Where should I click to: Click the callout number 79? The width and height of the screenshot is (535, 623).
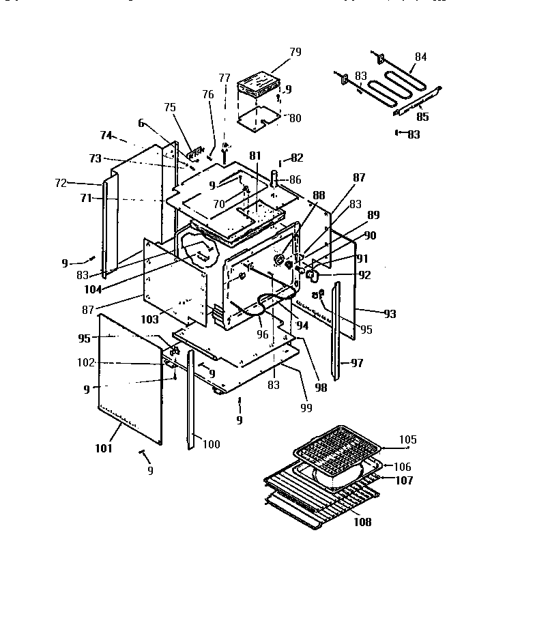tap(295, 52)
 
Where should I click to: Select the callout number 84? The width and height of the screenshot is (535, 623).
tap(421, 57)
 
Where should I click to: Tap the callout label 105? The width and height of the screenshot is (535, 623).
tap(407, 439)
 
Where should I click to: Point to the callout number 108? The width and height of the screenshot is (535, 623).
tap(362, 522)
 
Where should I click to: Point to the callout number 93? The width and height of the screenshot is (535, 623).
tap(389, 314)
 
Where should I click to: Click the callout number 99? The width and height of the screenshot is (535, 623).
tap(306, 408)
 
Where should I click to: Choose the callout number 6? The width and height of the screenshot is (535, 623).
tap(141, 123)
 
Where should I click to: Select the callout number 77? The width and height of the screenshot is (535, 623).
tap(224, 77)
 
